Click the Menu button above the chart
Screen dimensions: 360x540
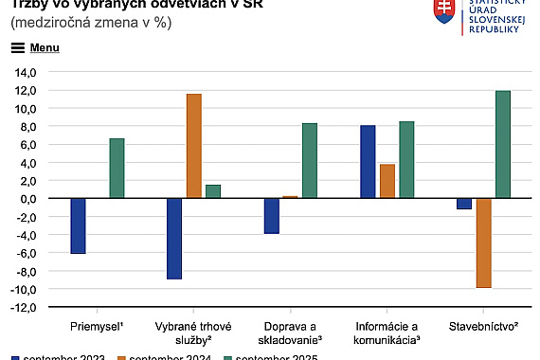pos(36,46)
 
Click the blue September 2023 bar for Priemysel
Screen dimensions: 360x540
pos(78,226)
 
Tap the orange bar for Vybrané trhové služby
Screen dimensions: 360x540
pos(193,146)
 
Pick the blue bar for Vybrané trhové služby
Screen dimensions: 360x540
pos(174,239)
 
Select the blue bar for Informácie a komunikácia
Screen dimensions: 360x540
pos(369,162)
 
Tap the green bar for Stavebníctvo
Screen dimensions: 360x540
pos(503,145)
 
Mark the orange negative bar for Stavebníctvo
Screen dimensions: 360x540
pos(484,243)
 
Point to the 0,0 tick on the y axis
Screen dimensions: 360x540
pos(27,199)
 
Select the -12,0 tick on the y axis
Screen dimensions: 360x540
pos(23,307)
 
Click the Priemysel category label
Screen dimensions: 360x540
pos(97,325)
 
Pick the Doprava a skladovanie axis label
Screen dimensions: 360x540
pos(290,332)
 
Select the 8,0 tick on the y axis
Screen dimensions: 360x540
pos(27,127)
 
